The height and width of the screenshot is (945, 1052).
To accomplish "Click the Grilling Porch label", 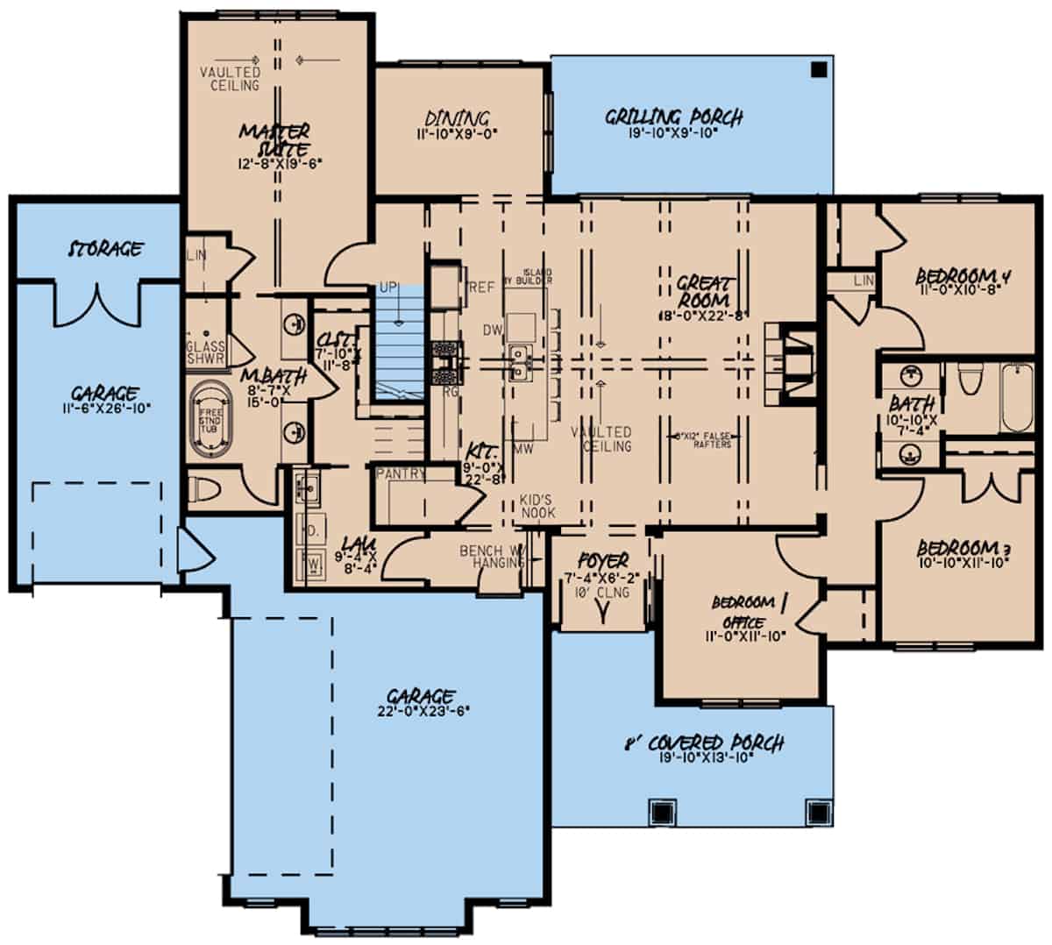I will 674,116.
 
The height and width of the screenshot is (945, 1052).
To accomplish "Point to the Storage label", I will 106,249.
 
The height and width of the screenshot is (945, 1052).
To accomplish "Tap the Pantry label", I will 400,474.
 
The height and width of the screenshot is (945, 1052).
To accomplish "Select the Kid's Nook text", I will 537,506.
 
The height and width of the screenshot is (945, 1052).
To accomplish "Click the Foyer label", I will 603,560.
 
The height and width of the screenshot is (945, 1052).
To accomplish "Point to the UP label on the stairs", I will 388,288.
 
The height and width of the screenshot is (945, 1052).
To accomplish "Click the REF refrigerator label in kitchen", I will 482,288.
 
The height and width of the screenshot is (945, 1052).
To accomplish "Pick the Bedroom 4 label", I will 963,277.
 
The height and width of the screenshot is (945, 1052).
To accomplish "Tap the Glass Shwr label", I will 206,352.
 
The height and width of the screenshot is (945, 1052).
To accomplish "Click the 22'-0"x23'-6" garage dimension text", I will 419,711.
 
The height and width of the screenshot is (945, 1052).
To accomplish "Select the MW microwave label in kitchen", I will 524,450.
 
